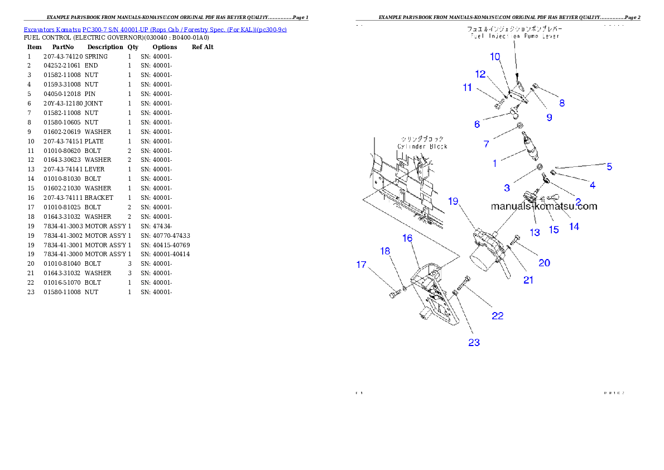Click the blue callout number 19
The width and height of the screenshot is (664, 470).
tap(453, 202)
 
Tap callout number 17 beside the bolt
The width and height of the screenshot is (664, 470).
tap(362, 265)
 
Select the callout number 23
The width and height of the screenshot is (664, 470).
tap(474, 343)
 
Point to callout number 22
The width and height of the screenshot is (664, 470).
tap(498, 316)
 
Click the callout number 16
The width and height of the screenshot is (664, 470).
tap(407, 238)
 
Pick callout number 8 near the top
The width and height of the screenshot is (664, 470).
tap(562, 103)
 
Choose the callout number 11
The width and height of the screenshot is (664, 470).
tap(467, 88)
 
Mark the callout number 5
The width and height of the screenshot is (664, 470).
tap(609, 166)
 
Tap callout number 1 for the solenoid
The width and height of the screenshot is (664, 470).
tap(494, 164)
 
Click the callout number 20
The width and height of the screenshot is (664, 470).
tap(544, 262)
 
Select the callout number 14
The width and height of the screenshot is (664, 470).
tap(574, 226)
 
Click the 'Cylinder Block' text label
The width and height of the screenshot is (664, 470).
tap(422, 146)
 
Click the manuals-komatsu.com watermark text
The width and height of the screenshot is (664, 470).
tap(544, 206)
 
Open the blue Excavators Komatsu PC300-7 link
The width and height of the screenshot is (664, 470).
tap(155, 30)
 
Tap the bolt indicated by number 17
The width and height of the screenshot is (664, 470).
tap(396, 292)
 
